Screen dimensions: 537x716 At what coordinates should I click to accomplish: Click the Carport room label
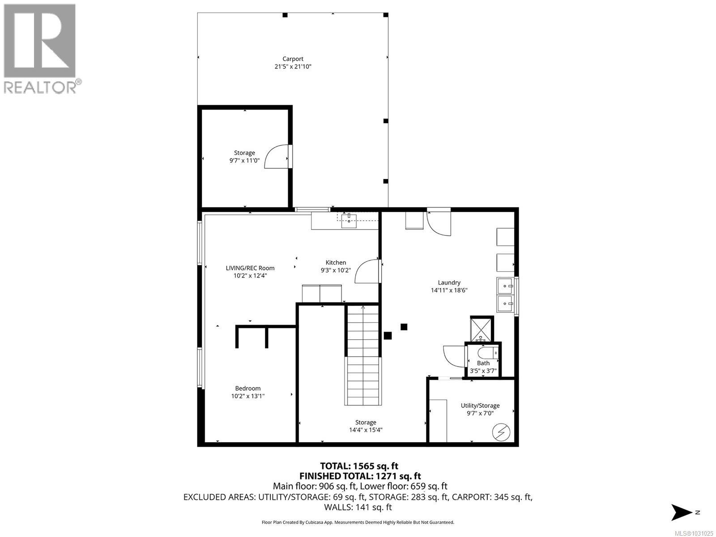293,59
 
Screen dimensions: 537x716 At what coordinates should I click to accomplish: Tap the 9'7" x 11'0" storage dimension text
244,160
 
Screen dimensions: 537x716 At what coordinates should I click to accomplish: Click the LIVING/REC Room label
250,268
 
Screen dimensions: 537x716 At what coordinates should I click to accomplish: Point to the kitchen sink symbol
349,218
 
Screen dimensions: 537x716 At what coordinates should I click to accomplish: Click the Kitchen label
336,263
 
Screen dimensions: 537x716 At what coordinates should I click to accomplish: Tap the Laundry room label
449,282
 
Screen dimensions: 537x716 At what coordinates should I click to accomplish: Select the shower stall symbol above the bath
482,329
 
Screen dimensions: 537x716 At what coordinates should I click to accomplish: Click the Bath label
483,363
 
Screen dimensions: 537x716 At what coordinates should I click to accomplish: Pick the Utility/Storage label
480,405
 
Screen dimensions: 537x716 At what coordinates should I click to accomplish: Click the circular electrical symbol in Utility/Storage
501,432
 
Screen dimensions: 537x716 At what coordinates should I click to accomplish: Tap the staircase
363,354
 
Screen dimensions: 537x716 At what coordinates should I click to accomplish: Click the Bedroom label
247,388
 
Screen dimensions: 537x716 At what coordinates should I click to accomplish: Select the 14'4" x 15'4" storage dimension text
366,430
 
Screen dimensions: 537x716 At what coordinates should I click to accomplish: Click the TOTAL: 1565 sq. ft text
359,466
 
